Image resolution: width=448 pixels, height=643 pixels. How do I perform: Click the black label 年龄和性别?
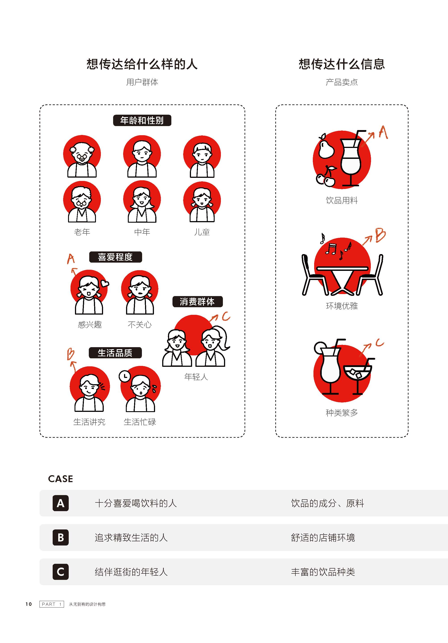point(142,120)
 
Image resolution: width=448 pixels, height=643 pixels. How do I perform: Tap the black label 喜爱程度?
point(115,257)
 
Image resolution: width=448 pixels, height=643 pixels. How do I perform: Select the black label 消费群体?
point(197,302)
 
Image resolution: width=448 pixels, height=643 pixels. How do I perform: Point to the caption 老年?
point(82,232)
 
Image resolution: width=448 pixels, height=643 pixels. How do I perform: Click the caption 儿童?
point(202,232)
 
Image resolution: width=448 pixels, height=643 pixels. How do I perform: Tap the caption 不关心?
point(139,325)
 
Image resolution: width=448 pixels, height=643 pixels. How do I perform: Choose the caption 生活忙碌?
point(140,422)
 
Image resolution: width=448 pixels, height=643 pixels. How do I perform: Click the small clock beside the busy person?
point(125,376)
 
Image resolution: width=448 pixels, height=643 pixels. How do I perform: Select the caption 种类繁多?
point(342,413)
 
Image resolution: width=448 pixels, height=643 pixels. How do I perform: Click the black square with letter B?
point(60,537)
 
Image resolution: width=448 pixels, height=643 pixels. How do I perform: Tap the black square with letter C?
point(60,572)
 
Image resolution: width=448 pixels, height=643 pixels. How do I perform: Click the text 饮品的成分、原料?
point(328,503)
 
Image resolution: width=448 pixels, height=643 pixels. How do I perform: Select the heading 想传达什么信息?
point(342,64)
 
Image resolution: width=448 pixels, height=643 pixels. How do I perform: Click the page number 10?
point(29,604)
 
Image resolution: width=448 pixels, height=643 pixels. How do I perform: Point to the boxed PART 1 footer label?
point(52,604)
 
